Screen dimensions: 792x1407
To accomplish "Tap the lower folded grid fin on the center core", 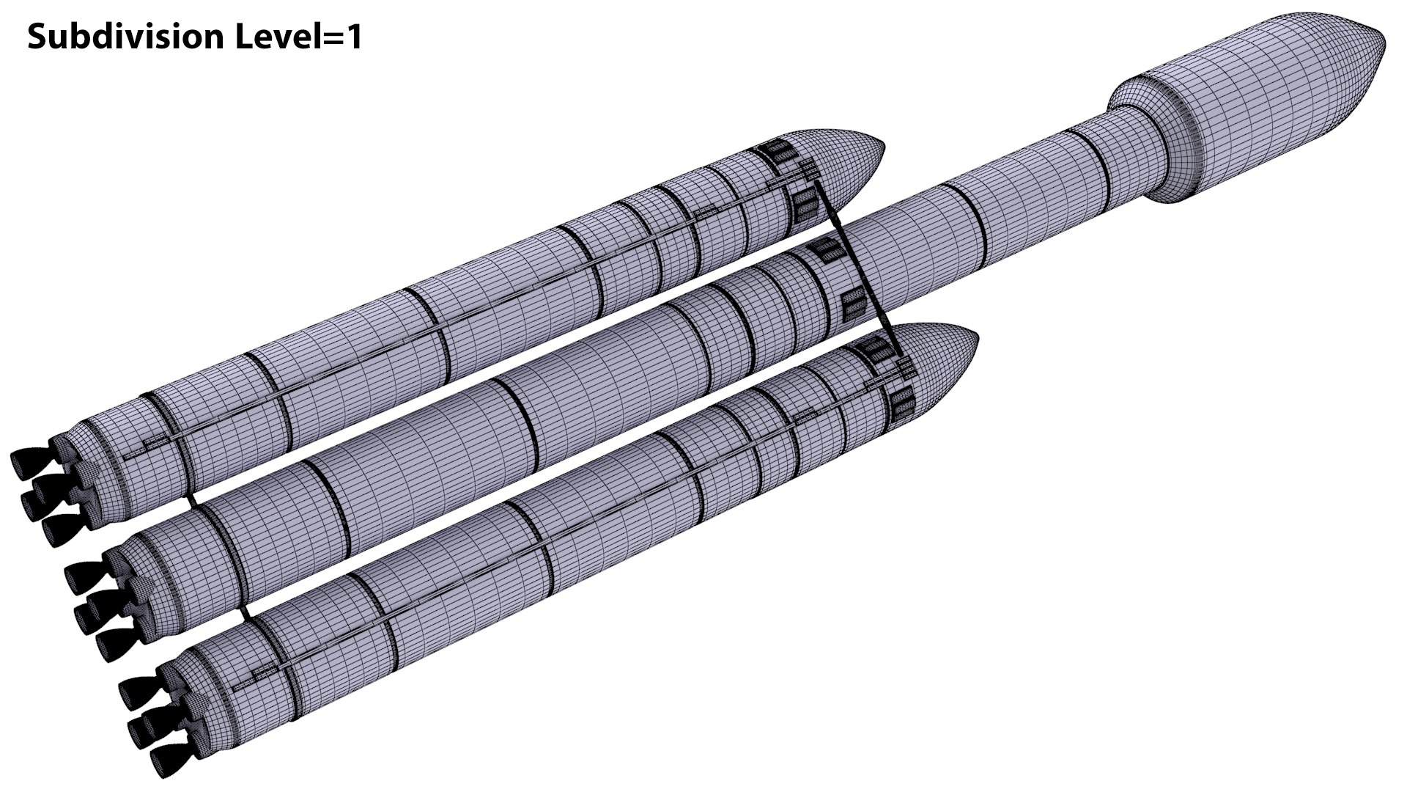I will point(852,305).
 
